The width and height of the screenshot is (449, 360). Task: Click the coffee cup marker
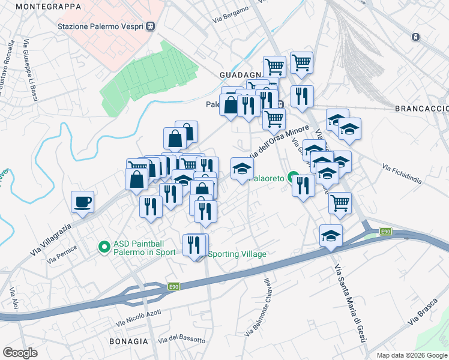[83, 202]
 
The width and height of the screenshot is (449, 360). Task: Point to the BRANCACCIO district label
[421, 108]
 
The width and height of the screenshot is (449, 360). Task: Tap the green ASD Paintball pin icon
[104, 246]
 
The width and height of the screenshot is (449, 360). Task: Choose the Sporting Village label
[237, 254]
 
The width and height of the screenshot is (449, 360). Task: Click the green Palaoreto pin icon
[293, 178]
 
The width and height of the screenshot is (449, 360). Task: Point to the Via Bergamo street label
[231, 15]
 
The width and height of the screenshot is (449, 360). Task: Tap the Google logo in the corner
[20, 353]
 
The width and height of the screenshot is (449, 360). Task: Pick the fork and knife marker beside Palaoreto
[303, 185]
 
